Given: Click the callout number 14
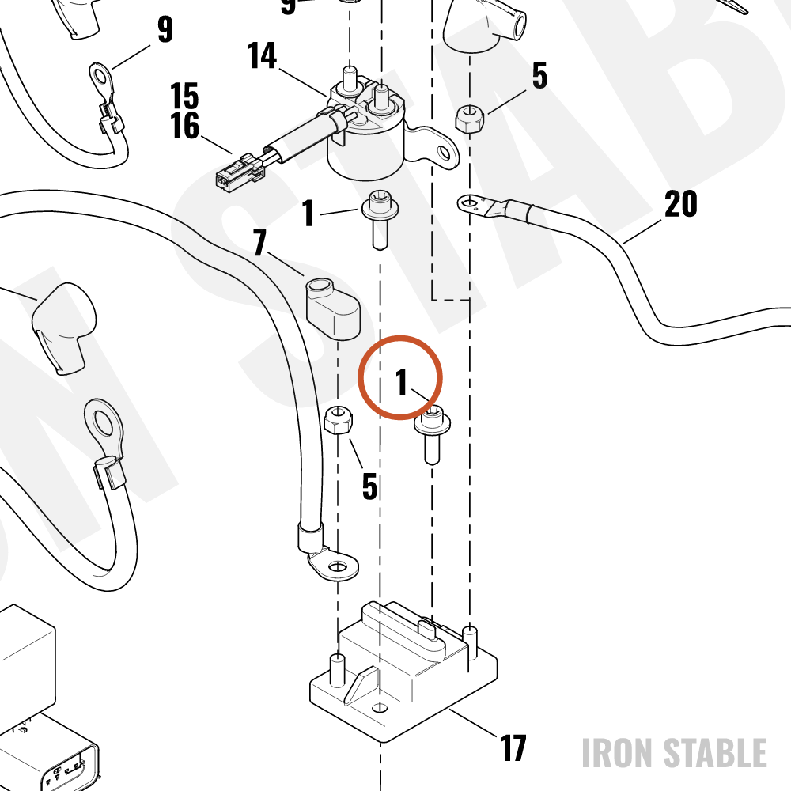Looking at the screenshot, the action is point(263,55).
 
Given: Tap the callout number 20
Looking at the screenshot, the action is point(680,204).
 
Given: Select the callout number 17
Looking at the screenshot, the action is point(513,748).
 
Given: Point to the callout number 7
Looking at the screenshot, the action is point(259,242).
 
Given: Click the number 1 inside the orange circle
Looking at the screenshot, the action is point(402,382).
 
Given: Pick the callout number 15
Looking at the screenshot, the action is point(184,96).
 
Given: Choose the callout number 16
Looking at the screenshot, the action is point(184,126).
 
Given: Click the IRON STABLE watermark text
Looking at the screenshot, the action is point(675,753).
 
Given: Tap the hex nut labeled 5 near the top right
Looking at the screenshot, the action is point(470,119).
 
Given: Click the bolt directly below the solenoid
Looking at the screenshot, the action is point(380,219).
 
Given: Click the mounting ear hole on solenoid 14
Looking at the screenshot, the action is point(443,151).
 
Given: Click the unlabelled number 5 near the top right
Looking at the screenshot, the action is point(539,76).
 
